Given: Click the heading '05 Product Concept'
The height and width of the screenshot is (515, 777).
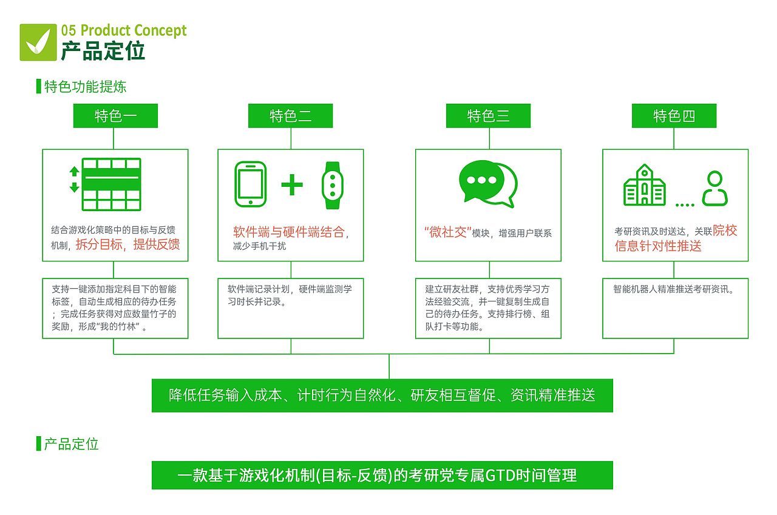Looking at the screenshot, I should [x=124, y=31].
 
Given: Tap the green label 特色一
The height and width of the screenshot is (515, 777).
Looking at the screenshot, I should [x=115, y=116].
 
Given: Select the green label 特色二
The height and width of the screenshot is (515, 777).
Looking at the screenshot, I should [x=290, y=116].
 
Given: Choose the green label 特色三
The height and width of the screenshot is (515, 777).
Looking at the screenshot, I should [x=488, y=116].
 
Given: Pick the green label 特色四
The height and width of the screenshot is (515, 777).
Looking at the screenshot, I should [x=674, y=116].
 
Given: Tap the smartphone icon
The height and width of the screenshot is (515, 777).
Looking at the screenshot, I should [x=250, y=184].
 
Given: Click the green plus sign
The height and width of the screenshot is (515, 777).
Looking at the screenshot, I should [x=292, y=184].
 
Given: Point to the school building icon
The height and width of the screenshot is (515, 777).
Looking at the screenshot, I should [x=644, y=185].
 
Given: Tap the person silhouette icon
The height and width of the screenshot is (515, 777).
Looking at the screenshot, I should [x=714, y=189].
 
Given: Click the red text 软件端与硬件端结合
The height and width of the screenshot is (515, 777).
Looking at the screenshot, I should [x=289, y=232].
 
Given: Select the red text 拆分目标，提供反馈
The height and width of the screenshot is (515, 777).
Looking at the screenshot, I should [x=127, y=244].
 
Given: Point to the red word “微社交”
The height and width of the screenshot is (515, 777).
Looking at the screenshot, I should [x=447, y=232].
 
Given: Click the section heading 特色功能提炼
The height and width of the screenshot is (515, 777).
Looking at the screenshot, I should [x=85, y=87].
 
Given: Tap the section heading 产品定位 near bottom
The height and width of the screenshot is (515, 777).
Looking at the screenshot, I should [x=71, y=444].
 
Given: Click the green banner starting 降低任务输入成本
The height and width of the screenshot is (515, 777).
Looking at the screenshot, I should [x=382, y=396].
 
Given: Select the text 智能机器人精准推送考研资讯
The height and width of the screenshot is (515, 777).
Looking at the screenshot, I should [x=673, y=289].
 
